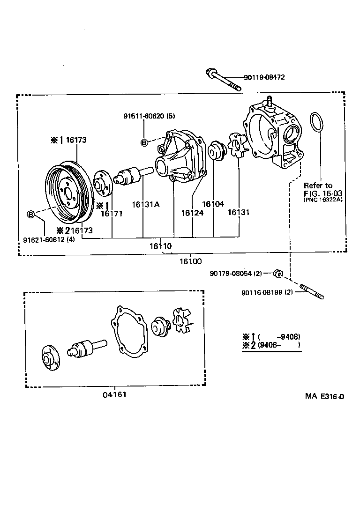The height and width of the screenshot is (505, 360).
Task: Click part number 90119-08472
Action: (264, 77)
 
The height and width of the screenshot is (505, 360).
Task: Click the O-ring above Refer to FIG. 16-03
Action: (317, 123)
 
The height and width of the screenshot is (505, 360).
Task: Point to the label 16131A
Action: (145, 204)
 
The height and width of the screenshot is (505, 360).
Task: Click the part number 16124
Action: (192, 212)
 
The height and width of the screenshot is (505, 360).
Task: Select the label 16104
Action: (213, 204)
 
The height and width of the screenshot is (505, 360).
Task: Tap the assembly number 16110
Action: (160, 246)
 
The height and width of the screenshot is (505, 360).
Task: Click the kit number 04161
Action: (115, 394)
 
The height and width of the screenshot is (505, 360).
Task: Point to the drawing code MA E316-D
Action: (325, 397)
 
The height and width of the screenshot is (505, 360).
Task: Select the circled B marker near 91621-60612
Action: (31, 215)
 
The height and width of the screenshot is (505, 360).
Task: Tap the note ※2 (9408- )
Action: (271, 346)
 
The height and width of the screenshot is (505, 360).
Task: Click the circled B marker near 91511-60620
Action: (144, 142)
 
